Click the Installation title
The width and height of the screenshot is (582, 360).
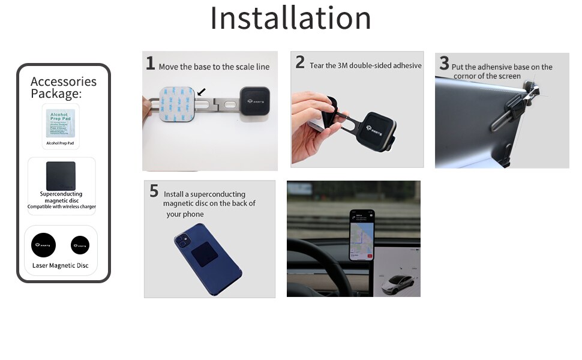tap(290, 18)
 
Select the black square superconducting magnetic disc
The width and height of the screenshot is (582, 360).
tap(61, 176)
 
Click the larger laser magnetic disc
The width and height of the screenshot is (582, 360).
tap(44, 245)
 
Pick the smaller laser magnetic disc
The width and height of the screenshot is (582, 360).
tap(80, 244)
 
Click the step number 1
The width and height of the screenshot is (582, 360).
tap(151, 63)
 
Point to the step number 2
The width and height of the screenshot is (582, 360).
tap(300, 62)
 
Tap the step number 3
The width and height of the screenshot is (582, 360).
tap(444, 63)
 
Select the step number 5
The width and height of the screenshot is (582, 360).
tap(154, 191)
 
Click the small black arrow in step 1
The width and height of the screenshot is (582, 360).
tap(202, 91)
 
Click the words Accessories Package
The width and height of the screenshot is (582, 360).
tap(63, 88)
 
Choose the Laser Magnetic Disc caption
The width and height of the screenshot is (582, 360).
tap(61, 265)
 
